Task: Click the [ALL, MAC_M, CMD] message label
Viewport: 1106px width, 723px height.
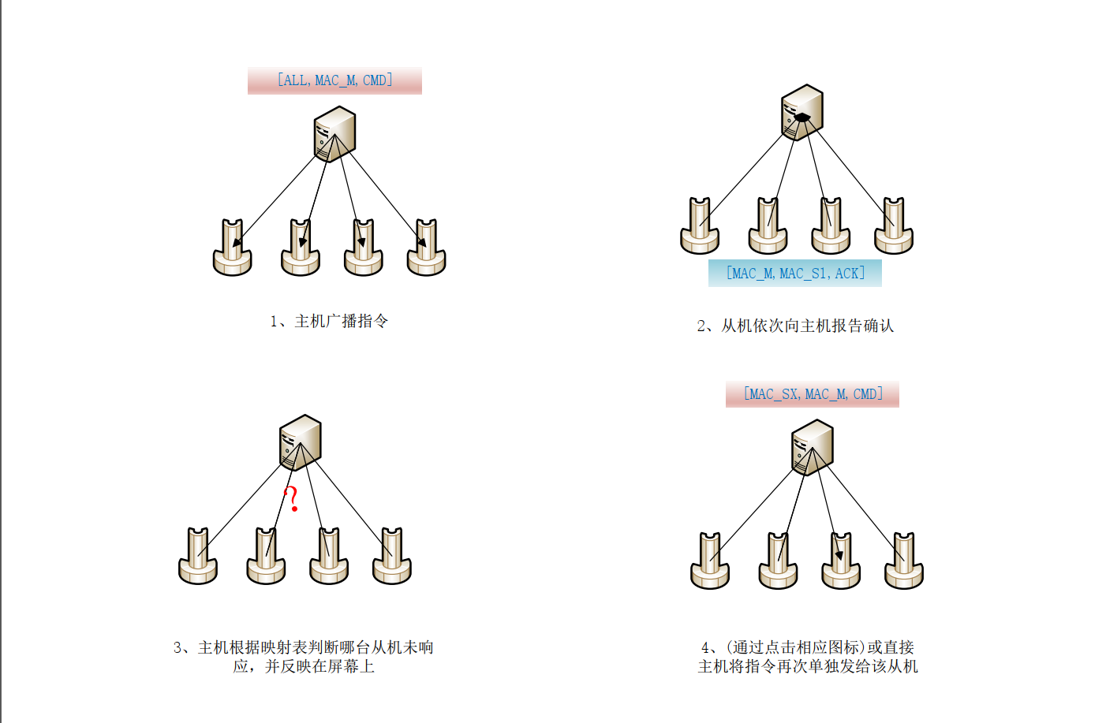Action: [334, 80]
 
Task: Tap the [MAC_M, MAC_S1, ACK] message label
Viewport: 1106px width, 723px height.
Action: [795, 274]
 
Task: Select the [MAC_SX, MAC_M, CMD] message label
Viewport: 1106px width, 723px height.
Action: [813, 393]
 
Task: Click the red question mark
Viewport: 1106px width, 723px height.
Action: [292, 499]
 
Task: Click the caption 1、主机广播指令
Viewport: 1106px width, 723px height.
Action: [329, 321]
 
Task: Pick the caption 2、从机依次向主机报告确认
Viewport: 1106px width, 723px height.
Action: [795, 326]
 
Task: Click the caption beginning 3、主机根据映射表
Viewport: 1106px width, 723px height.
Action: [304, 657]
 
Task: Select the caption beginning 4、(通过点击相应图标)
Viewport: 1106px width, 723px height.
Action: [808, 657]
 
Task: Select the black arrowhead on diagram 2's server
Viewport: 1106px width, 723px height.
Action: [801, 117]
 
